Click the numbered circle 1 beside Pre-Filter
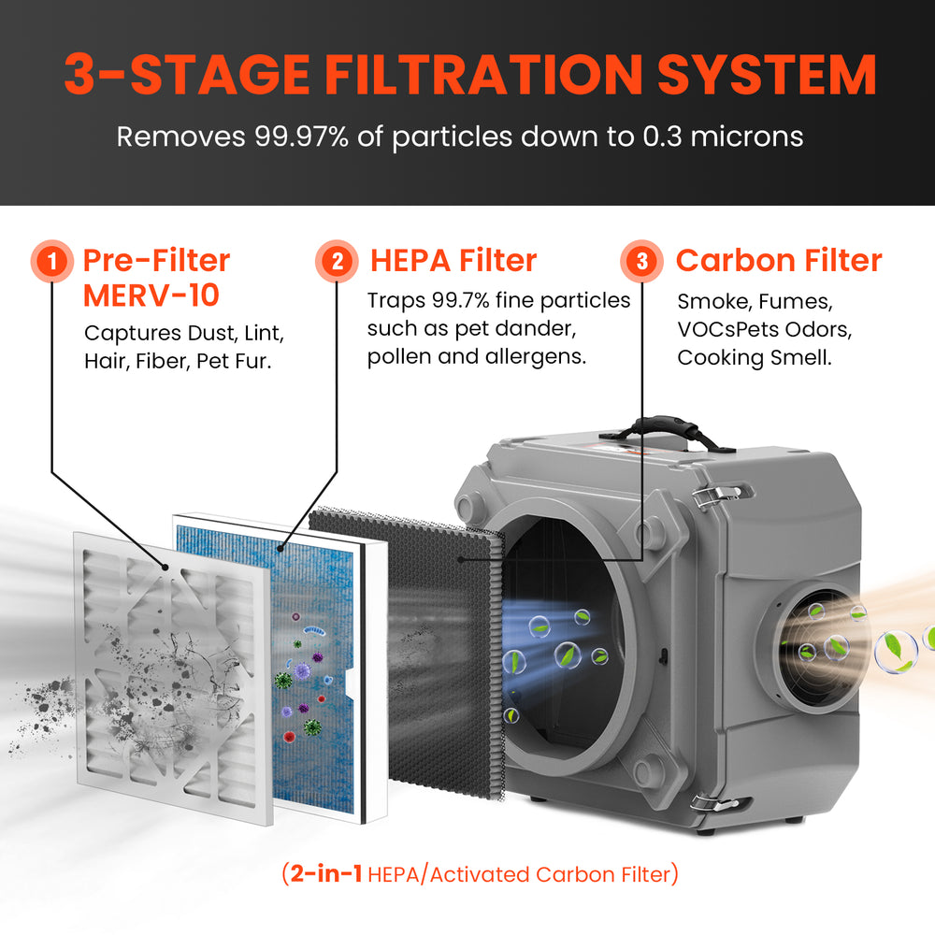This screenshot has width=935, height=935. click(x=55, y=261)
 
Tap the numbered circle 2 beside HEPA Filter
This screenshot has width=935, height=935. click(x=336, y=261)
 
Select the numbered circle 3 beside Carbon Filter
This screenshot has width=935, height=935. click(x=641, y=261)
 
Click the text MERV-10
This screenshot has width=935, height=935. click(x=151, y=295)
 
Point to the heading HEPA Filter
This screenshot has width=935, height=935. click(x=453, y=260)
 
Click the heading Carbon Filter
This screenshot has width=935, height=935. click(x=778, y=260)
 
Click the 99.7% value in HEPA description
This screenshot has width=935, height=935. click(x=467, y=300)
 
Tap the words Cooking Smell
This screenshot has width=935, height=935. click(x=754, y=357)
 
